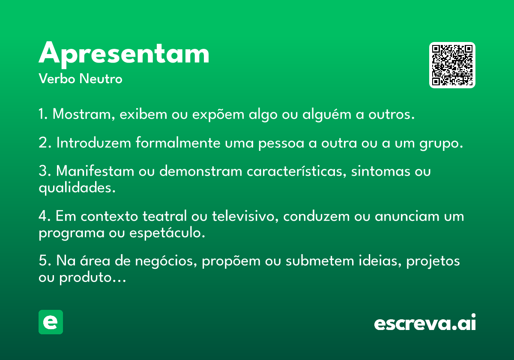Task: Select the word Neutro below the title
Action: (x=101, y=78)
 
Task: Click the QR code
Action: (x=452, y=65)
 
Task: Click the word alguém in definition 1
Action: (x=327, y=114)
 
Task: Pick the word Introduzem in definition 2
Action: (x=94, y=143)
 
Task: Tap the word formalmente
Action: (x=178, y=143)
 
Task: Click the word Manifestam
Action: (x=95, y=171)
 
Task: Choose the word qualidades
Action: (x=77, y=188)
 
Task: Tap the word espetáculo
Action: (x=167, y=233)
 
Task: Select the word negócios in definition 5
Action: (x=166, y=261)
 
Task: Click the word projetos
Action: (x=433, y=261)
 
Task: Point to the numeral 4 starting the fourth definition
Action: (x=43, y=216)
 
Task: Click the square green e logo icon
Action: (x=51, y=322)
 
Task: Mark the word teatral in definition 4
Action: (x=164, y=216)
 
